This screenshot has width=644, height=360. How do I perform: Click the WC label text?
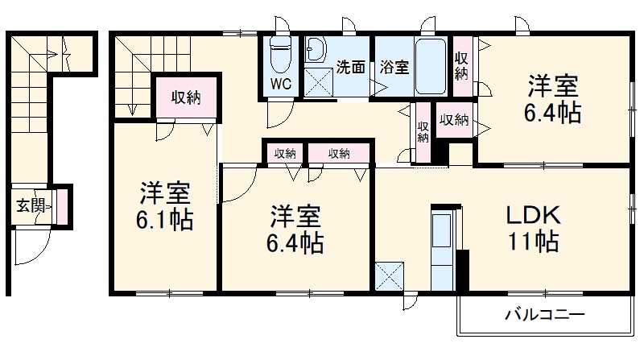pos(280,84)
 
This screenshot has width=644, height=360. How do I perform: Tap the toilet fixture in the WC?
pos(280,55)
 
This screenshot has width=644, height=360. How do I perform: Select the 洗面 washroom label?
pos(350,68)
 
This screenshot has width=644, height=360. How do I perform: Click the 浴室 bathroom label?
pos(394,68)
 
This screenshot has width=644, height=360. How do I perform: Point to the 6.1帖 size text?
pos(165,220)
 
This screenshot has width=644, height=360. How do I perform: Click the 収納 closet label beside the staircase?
pos(185,97)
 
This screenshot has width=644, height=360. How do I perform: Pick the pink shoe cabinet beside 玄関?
pos(61,207)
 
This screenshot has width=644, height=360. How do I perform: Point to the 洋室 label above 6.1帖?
pos(165,193)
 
